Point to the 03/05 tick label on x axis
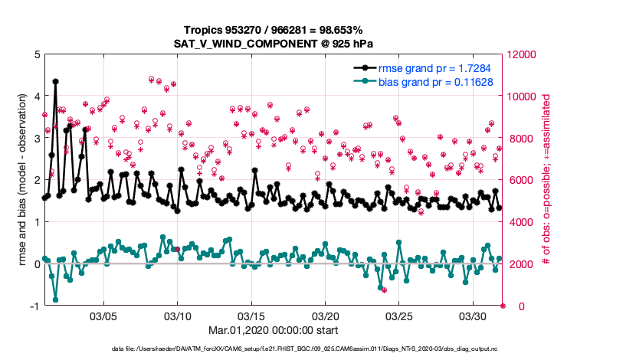tap(103, 316)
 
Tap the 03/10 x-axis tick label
tap(178, 316)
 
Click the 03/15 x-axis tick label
tap(251, 316)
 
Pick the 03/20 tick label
tap(326, 316)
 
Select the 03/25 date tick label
tap(399, 316)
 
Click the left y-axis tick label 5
tap(37, 55)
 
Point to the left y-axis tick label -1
tap(34, 306)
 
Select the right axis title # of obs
tap(547, 181)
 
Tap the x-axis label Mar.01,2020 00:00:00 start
tap(273, 331)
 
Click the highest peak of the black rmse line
tap(55, 80)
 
